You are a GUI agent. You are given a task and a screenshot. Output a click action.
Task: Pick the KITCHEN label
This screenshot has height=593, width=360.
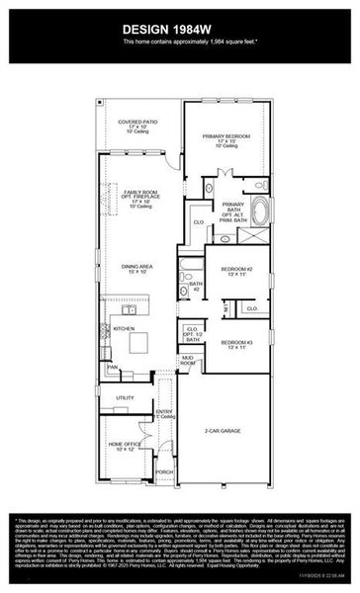tap(123, 328)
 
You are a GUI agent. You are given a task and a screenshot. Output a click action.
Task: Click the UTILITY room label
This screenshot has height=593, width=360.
tap(125, 397)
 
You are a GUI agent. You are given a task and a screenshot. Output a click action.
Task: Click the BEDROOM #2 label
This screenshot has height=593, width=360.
tap(237, 270)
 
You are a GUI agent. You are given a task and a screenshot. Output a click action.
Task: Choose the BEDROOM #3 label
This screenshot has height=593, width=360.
tap(237, 344)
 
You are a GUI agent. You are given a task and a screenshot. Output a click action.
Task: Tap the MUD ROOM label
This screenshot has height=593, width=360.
tap(187, 361)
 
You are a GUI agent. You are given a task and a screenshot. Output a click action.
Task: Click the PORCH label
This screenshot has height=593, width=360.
tap(164, 472)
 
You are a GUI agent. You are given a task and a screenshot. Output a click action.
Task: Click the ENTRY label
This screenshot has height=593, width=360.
tap(164, 412)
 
